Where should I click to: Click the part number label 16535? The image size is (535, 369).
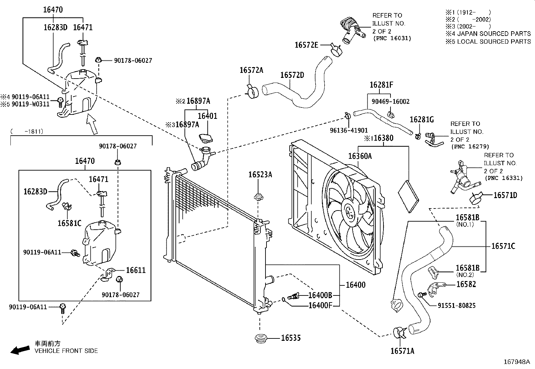pos(291,338)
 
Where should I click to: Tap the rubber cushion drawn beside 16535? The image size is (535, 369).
pos(260,338)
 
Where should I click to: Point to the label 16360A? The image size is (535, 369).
pos(360,156)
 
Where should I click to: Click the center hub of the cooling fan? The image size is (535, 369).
pos(349,213)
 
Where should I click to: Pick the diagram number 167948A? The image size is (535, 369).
pos(516,362)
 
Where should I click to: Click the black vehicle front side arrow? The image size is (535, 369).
pos(19,350)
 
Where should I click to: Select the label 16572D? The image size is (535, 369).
pos(292,75)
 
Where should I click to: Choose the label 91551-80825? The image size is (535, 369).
pos(456,306)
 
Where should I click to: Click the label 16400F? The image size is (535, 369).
pos(320,305)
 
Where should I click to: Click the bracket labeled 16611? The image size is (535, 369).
pos(108,273)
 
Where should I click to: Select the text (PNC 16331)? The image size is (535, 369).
pos(503,178)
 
